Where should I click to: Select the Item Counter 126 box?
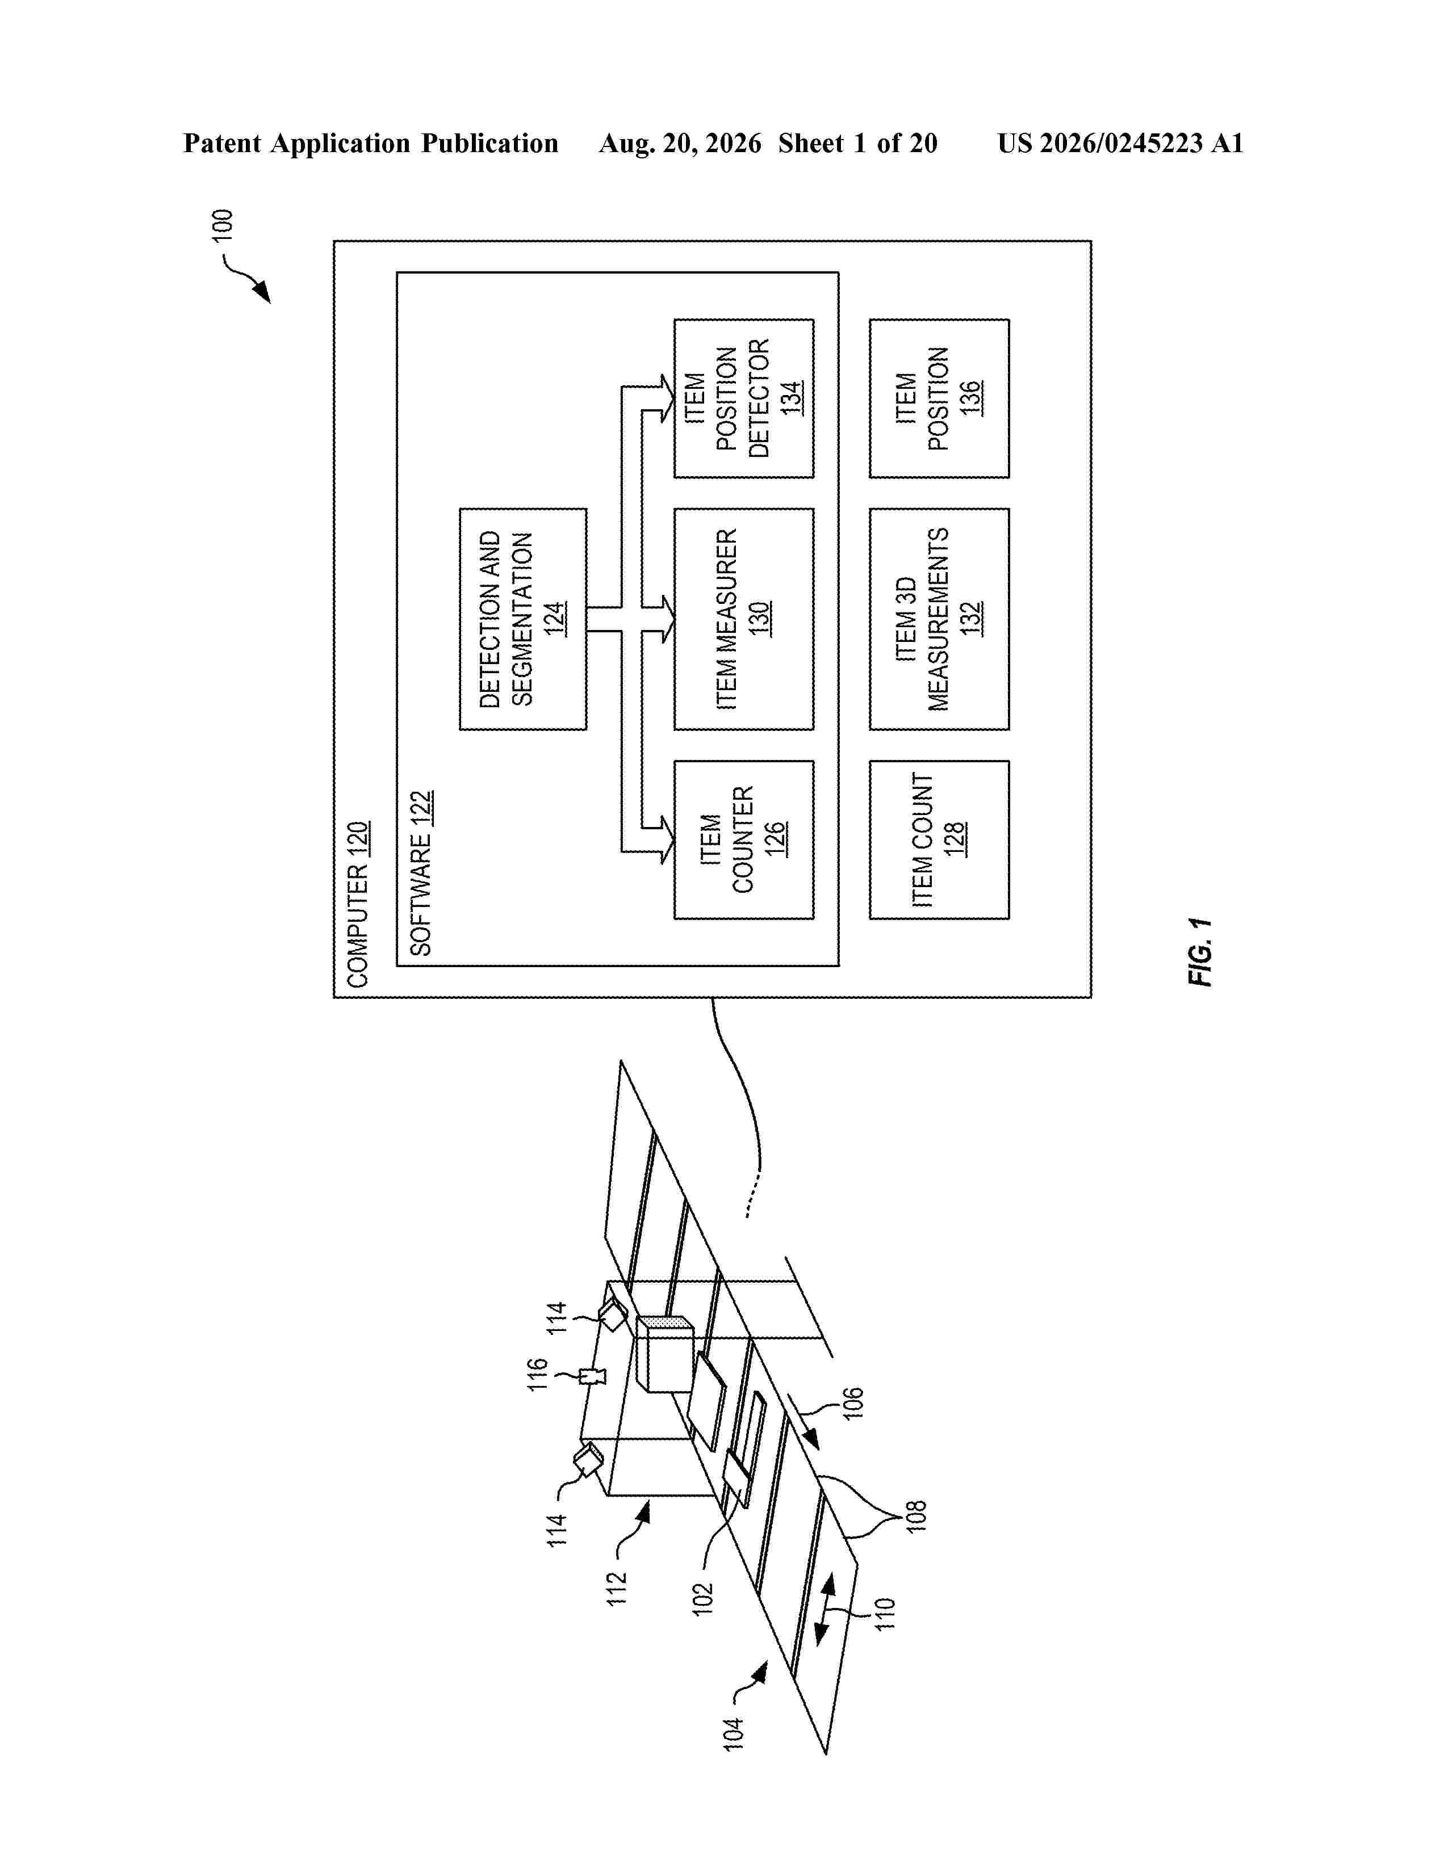[744, 839]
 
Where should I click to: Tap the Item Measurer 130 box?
[744, 619]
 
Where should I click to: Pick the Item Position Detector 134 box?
[744, 399]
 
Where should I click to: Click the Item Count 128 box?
[939, 839]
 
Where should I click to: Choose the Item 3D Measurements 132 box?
[939, 619]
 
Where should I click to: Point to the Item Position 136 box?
[939, 399]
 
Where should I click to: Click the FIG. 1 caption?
[1200, 952]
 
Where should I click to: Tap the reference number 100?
[222, 225]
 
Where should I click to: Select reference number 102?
[702, 1599]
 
